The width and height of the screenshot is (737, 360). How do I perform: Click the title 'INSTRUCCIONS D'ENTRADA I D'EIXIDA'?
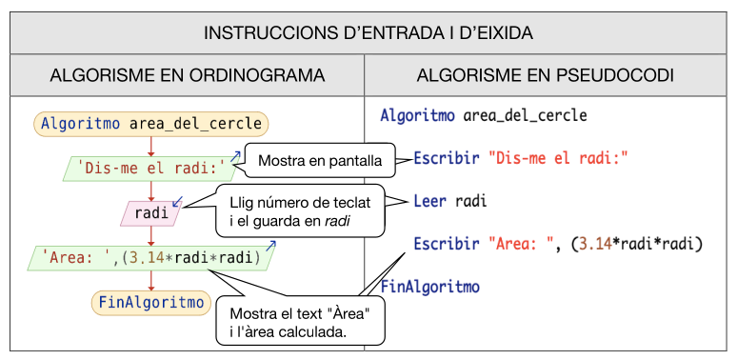pos(368,32)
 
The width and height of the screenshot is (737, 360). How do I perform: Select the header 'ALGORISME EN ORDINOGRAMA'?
pos(187,74)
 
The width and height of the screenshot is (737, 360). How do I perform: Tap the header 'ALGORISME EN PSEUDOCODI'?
pos(546,74)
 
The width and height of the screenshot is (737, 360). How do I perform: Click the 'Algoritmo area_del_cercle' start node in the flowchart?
pos(150,123)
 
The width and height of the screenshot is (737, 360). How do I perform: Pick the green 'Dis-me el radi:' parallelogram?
pos(150,169)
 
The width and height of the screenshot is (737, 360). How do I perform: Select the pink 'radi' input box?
pos(150,213)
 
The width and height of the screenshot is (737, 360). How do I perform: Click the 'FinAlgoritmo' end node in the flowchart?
pos(150,303)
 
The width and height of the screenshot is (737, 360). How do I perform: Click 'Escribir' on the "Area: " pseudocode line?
pos(446,245)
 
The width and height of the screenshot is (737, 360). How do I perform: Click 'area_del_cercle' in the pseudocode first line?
pos(525,116)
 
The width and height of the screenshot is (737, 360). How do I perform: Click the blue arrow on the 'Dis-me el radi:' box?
pos(234,154)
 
